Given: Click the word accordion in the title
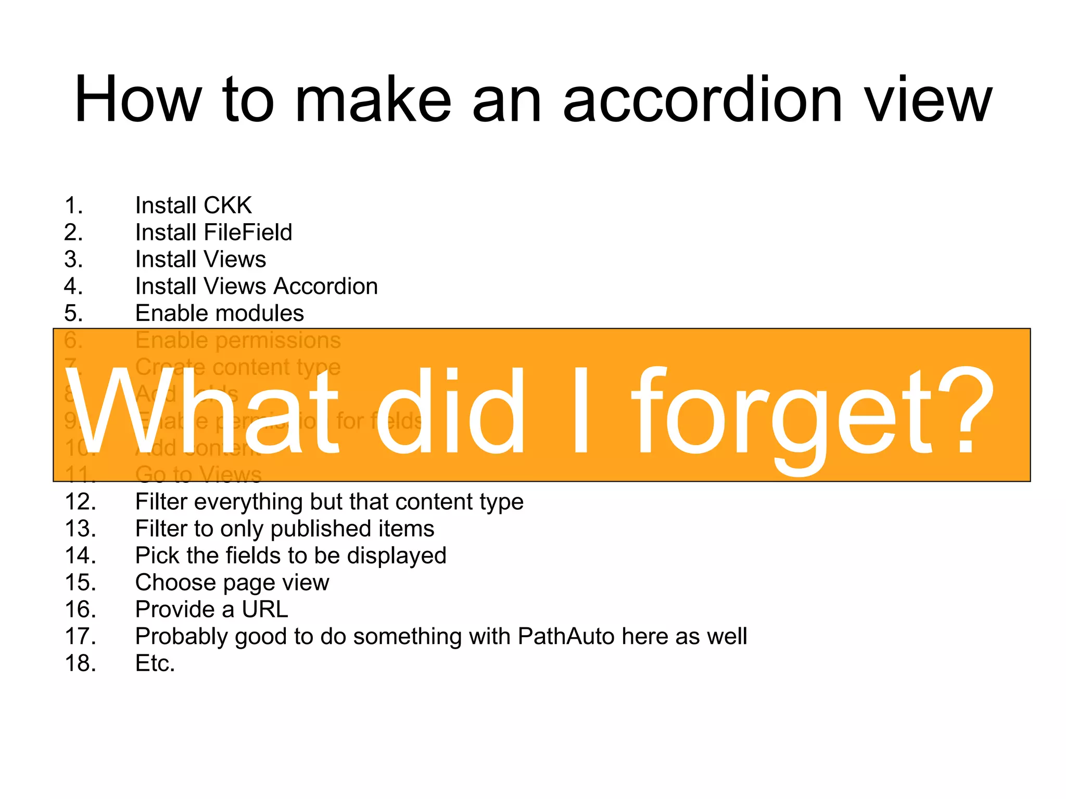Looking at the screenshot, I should [702, 100].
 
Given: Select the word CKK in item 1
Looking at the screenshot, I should [227, 205].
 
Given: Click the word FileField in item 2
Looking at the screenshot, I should [248, 233].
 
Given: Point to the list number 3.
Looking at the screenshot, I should [73, 260].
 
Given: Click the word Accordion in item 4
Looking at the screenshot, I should [326, 287].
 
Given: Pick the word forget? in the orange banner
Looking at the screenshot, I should [813, 411].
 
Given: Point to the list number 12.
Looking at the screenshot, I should [80, 502].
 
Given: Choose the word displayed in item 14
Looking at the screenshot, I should [397, 556].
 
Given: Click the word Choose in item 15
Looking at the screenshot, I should [175, 583].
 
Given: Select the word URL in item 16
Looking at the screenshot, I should [265, 610].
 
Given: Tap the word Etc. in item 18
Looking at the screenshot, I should [155, 664].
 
